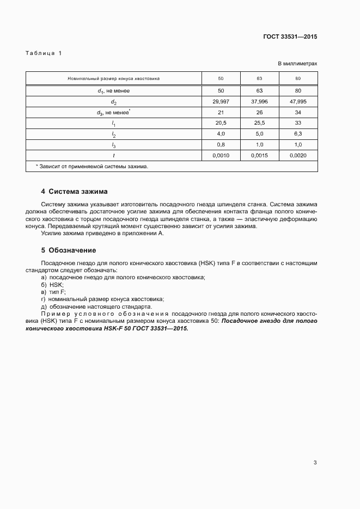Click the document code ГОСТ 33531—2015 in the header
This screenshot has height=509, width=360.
coord(290,37)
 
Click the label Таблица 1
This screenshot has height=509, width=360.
coord(44,53)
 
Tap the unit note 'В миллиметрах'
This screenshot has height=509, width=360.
coord(297,64)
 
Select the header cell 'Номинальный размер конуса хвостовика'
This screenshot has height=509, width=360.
coord(113,78)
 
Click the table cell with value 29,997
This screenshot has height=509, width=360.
coord(221,101)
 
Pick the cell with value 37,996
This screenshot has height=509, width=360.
coord(259,101)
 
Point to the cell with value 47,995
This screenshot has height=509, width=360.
coord(298,101)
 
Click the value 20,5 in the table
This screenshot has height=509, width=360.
coord(221,123)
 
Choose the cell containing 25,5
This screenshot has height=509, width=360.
coord(259,123)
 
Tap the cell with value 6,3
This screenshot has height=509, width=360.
coord(298,134)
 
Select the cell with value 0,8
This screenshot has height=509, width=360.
coord(221,145)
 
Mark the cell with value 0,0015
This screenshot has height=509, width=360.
coord(259,156)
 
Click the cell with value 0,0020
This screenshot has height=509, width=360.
coord(298,156)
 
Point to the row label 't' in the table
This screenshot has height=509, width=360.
coord(113,156)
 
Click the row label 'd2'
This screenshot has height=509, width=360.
coord(113,102)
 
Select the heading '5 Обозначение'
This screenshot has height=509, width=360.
coord(69,250)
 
